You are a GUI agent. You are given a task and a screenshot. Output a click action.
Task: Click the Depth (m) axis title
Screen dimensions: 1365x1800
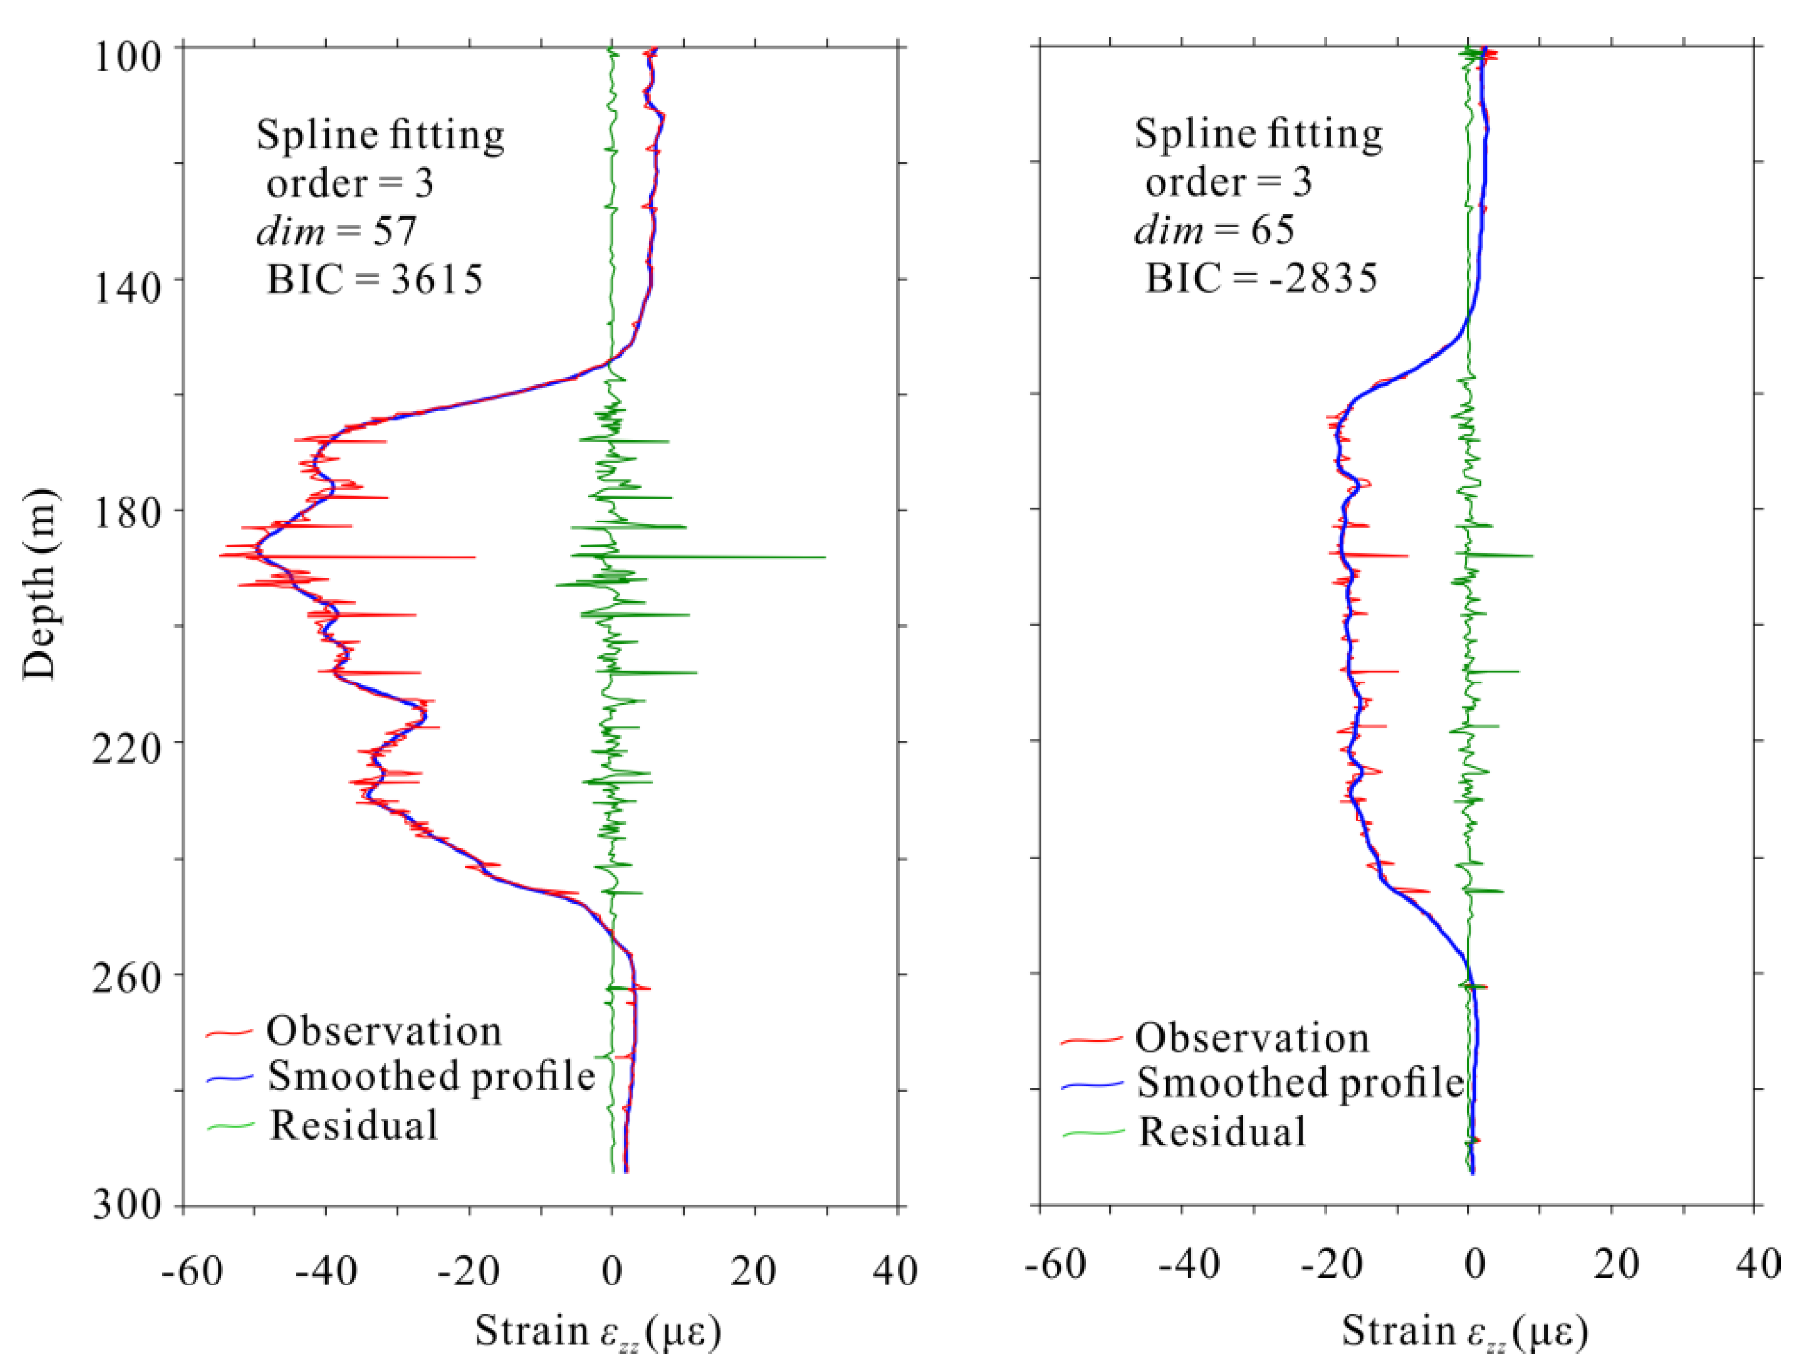39,584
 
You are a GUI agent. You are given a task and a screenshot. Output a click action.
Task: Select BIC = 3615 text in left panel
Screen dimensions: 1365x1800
375,280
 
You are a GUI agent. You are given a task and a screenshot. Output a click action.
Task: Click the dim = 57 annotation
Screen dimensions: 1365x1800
336,231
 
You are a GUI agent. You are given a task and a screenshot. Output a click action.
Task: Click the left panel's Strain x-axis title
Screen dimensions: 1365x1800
597,1332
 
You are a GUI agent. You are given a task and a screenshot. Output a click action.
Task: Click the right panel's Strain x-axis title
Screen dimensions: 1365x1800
1464,1332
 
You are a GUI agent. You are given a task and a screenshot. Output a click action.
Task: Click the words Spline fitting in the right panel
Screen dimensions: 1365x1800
1258,133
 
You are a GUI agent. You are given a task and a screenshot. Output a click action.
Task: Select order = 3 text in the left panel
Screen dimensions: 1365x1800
350,183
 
